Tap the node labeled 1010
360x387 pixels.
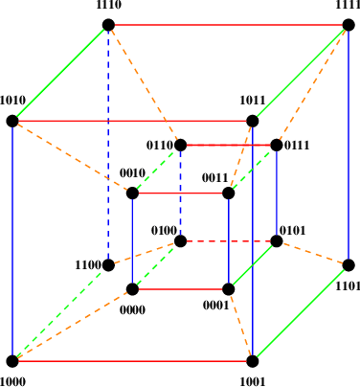(12, 122)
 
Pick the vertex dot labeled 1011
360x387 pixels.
(253, 122)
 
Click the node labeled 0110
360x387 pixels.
(180, 146)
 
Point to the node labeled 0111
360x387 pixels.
(277, 146)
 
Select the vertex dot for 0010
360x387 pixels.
(132, 193)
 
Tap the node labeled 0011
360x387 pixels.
(229, 193)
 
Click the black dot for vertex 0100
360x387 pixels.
(180, 241)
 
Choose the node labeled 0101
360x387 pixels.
(277, 241)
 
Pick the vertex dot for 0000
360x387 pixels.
(132, 289)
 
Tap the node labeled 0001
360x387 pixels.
(229, 289)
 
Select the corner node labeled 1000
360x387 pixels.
(12, 361)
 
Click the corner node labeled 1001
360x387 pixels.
(253, 361)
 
